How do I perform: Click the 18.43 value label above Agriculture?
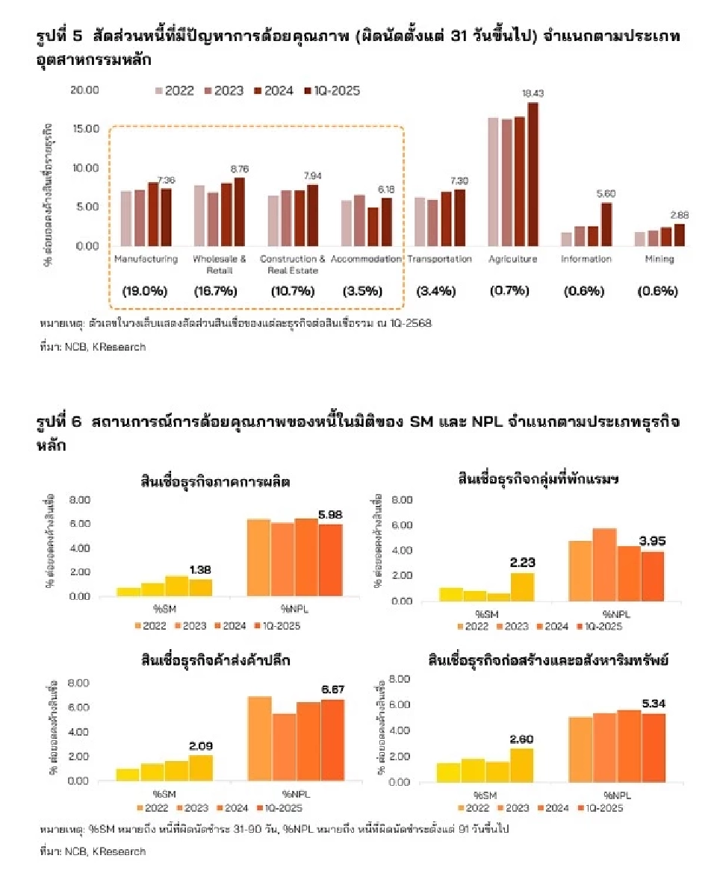pos(533,93)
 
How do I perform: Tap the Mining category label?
pos(659,259)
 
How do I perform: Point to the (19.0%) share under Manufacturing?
pos(146,291)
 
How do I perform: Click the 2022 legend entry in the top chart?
pos(174,90)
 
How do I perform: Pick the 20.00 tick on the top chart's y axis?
pos(84,90)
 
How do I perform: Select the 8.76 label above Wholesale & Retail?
pos(239,169)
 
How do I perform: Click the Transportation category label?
pos(438,259)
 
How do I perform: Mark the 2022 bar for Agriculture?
pos(494,182)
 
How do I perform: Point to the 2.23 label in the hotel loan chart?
pos(522,563)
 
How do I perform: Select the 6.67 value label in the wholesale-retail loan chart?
pos(332,690)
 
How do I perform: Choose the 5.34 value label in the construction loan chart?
pos(654,704)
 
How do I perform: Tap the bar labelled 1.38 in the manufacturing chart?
pos(200,588)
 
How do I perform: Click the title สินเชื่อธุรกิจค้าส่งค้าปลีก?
pos(215,660)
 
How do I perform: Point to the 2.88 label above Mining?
pos(679,215)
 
